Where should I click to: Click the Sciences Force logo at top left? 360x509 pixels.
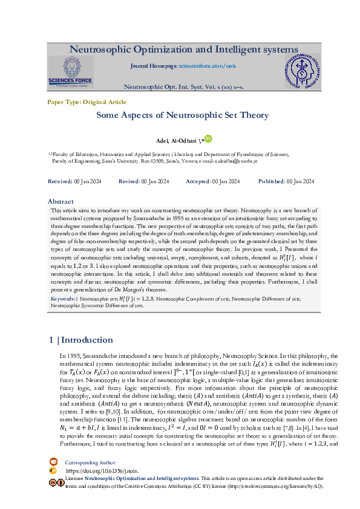71,73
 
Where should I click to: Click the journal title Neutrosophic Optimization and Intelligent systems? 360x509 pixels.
183,49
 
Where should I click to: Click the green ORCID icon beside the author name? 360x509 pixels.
208,138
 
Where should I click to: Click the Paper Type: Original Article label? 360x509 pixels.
87,102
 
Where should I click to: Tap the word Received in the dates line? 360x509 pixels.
60,181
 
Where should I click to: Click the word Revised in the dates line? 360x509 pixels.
129,181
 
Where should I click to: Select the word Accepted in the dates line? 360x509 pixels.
198,181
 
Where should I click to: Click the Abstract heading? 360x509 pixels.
61,201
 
